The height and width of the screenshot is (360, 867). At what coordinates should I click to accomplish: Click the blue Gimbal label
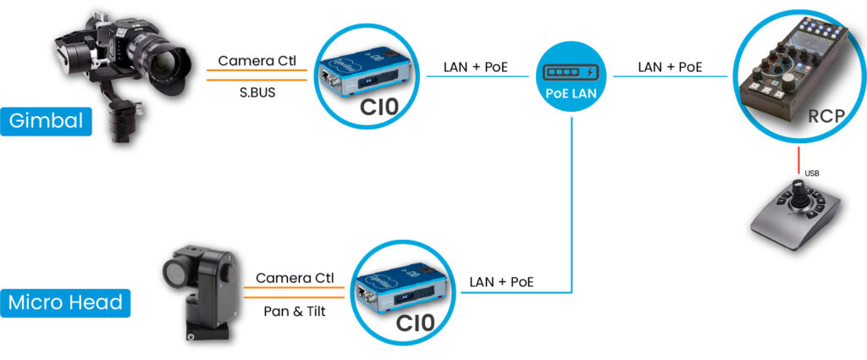point(47,121)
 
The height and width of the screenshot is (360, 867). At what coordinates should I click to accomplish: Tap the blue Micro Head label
point(65,302)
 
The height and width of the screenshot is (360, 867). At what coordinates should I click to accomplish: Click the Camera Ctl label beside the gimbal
point(257,61)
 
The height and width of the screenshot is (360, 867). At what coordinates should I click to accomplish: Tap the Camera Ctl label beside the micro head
point(294,278)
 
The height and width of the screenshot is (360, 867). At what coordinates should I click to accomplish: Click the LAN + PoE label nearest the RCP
point(670,66)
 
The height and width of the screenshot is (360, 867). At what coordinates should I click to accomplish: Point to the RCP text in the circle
point(826,116)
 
